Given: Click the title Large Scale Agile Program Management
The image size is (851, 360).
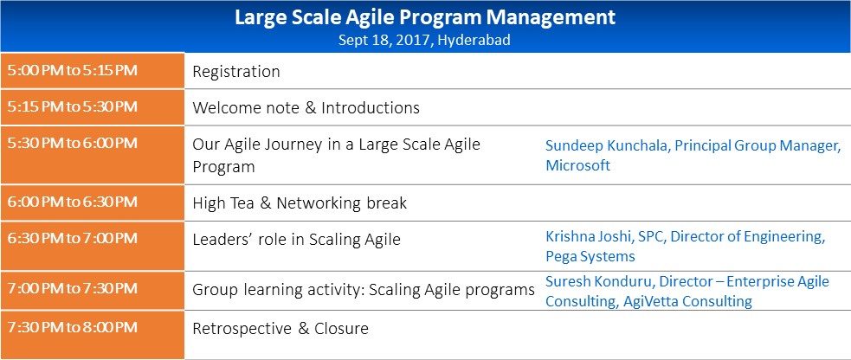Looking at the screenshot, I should click(x=425, y=17).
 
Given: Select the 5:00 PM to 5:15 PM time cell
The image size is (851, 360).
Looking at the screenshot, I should click(x=73, y=70).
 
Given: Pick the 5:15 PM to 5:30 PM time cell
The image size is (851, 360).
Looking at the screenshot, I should click(x=73, y=106).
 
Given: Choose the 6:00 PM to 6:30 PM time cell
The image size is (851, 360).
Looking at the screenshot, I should click(x=73, y=202).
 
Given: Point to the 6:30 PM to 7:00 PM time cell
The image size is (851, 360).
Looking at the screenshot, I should click(x=73, y=238).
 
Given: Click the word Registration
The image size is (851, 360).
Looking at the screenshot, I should click(x=236, y=72).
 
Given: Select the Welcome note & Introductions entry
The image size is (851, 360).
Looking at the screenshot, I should click(x=306, y=108).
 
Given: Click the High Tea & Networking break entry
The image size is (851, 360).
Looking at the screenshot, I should click(x=300, y=203).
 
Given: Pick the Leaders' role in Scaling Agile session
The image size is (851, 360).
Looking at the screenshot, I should click(x=296, y=240).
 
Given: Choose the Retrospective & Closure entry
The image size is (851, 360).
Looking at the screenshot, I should click(x=280, y=329).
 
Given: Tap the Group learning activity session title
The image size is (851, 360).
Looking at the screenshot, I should click(x=364, y=290).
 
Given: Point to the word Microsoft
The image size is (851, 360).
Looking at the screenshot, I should click(x=577, y=165).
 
